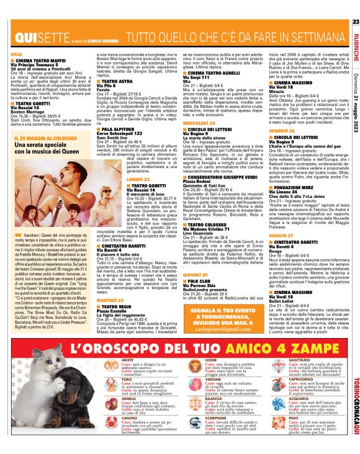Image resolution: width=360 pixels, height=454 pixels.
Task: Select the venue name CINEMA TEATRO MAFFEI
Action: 34,60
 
